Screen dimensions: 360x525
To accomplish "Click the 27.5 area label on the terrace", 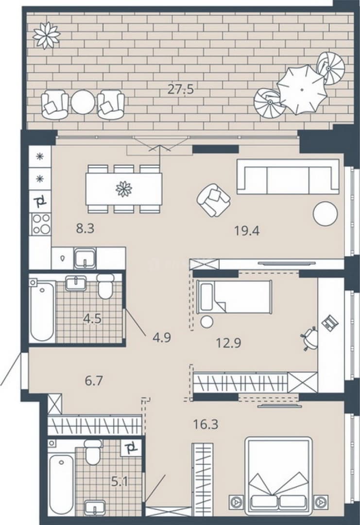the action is click(x=181, y=89).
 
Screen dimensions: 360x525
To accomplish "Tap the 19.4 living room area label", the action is click(x=247, y=231).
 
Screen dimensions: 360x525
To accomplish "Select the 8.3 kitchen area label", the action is click(x=86, y=229).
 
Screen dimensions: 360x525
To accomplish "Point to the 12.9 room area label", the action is click(x=228, y=343).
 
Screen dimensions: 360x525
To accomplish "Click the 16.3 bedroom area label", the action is click(x=206, y=424).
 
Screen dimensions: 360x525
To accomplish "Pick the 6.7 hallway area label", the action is click(x=94, y=381).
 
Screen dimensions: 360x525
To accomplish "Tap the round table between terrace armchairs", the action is click(x=83, y=103).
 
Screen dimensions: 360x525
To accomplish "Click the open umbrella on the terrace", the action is click(x=302, y=89).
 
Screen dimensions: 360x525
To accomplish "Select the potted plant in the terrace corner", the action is click(x=47, y=35).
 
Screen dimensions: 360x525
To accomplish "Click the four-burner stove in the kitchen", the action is click(x=41, y=224).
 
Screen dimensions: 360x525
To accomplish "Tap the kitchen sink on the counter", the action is click(x=85, y=258).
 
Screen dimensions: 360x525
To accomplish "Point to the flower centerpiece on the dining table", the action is click(x=124, y=189).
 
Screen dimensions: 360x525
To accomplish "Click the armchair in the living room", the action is click(x=213, y=200).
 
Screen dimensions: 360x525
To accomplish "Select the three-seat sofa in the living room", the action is click(x=288, y=177).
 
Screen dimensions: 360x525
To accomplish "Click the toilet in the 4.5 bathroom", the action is click(x=106, y=286).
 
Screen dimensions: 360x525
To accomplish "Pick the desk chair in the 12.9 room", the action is click(x=309, y=338).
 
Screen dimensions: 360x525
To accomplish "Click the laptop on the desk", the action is click(x=330, y=322).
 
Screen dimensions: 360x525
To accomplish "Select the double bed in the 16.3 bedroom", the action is click(x=279, y=477).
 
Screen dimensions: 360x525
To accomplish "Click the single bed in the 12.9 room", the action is click(x=234, y=297).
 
